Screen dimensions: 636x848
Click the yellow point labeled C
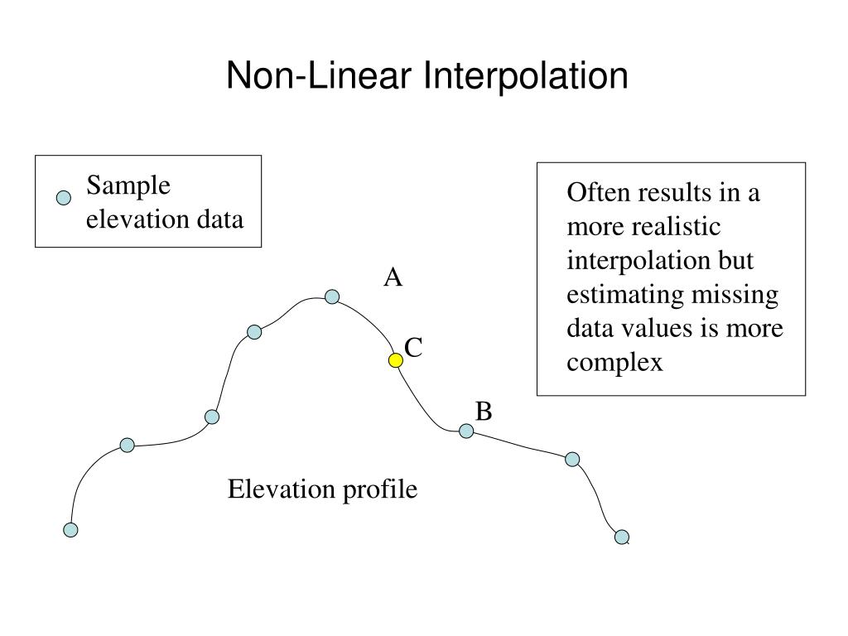(x=396, y=360)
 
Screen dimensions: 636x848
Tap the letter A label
(x=393, y=278)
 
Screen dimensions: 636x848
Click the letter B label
(x=484, y=411)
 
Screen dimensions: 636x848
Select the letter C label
(x=413, y=349)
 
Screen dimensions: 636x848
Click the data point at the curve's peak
(x=332, y=296)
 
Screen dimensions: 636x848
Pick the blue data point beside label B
(x=466, y=431)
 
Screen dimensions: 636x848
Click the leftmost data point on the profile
(x=71, y=529)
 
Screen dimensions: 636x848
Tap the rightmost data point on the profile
(x=622, y=537)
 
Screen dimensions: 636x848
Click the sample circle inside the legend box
(x=63, y=198)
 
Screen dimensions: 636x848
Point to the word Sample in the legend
(x=129, y=185)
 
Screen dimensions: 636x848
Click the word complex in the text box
(x=614, y=363)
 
